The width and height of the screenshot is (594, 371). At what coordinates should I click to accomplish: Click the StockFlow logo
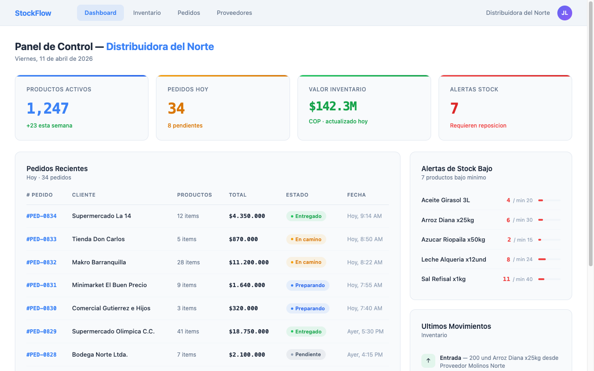tap(33, 13)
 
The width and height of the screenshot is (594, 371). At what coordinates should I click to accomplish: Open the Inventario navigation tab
tap(147, 13)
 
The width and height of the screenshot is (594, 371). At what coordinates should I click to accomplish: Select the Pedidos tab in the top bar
tap(188, 13)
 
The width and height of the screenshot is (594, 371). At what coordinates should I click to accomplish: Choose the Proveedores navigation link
tap(234, 13)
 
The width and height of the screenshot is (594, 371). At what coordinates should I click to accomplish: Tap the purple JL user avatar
tap(564, 13)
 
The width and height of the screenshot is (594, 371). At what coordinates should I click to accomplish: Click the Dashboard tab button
tap(100, 13)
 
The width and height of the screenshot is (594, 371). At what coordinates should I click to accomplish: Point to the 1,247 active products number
tap(48, 109)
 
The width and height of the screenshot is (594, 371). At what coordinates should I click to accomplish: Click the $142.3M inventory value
tap(333, 106)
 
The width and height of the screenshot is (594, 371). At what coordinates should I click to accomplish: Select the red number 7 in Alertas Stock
tap(454, 109)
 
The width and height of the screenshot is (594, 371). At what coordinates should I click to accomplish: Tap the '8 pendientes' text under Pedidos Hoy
tap(185, 126)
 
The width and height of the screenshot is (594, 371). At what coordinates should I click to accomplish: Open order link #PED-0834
tap(41, 216)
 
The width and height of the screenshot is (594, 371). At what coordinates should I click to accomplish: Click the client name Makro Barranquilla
tap(99, 262)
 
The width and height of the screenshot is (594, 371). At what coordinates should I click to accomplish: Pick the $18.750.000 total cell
tap(249, 332)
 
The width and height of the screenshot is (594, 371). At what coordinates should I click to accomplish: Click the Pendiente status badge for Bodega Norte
tap(306, 355)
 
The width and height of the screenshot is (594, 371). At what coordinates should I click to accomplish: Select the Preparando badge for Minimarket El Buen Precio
tap(308, 285)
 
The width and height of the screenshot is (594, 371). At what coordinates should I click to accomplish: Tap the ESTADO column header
tap(297, 195)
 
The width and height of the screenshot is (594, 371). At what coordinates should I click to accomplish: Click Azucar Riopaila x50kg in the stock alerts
tap(453, 240)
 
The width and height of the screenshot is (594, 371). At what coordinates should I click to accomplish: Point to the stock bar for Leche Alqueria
tap(549, 259)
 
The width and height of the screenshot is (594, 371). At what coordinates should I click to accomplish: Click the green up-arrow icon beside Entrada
tap(428, 360)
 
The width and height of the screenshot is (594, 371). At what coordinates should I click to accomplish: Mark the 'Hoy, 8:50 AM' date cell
tap(365, 239)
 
